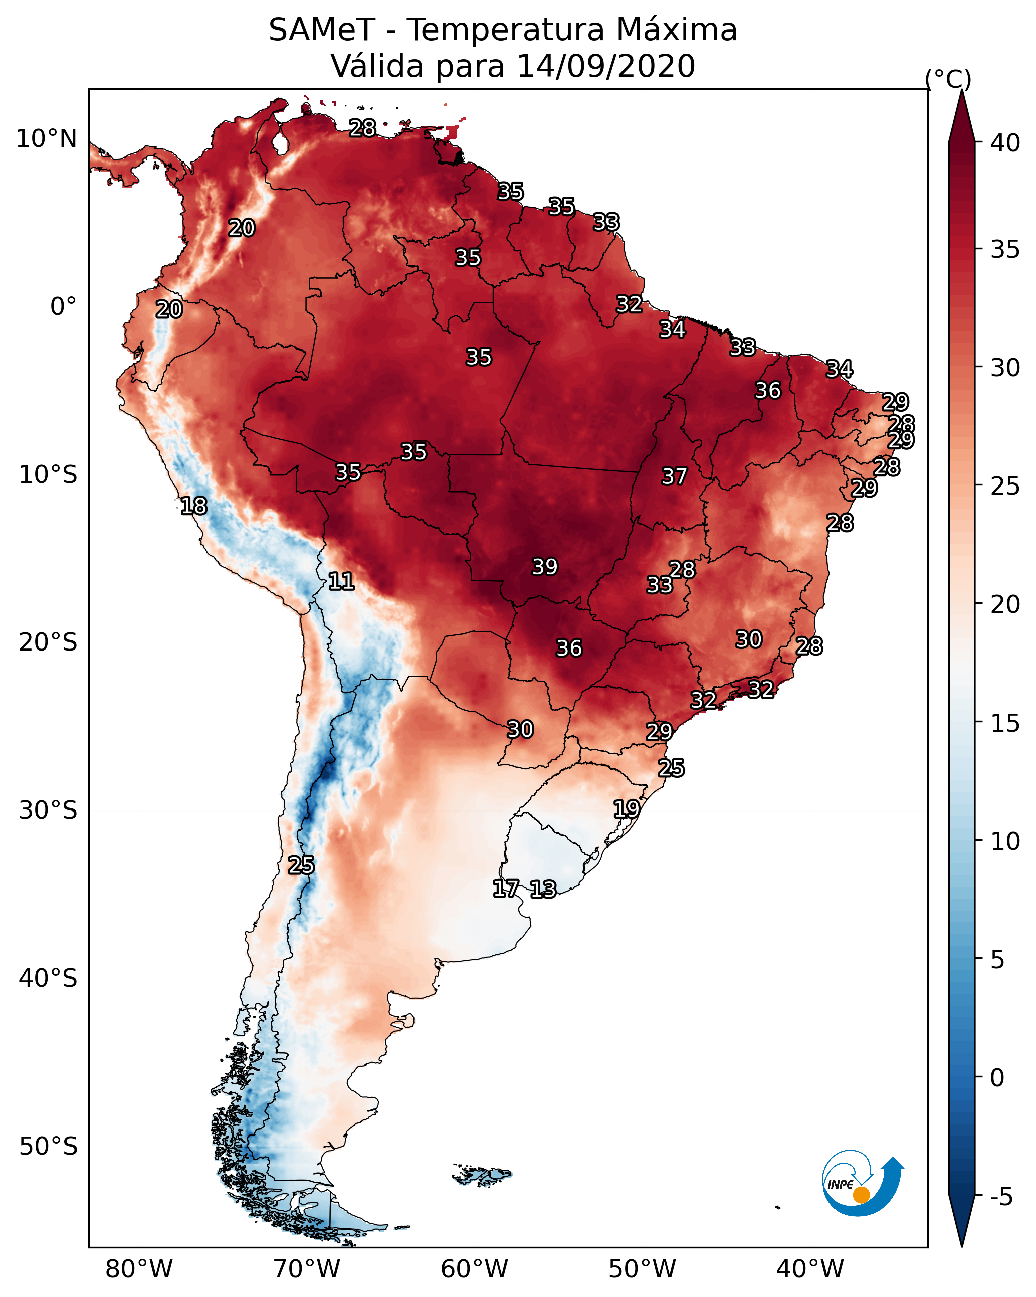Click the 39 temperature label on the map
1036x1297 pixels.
pos(545,567)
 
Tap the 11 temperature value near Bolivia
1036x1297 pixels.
pos(341,581)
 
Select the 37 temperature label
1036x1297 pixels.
pos(674,476)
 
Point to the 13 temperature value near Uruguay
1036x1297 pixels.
pos(543,889)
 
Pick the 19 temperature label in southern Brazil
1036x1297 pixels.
pos(627,808)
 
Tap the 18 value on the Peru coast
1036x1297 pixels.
pos(193,506)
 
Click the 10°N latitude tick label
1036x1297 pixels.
pos(46,139)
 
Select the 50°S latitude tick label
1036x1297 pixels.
pos(48,1147)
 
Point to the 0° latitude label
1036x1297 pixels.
pos(64,307)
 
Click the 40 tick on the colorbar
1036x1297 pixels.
pos(1005,143)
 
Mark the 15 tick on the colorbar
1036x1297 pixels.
pos(1005,723)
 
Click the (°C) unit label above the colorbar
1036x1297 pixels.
pos(948,79)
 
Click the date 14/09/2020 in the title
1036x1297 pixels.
pos(606,66)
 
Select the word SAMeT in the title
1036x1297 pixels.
pos(322,30)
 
